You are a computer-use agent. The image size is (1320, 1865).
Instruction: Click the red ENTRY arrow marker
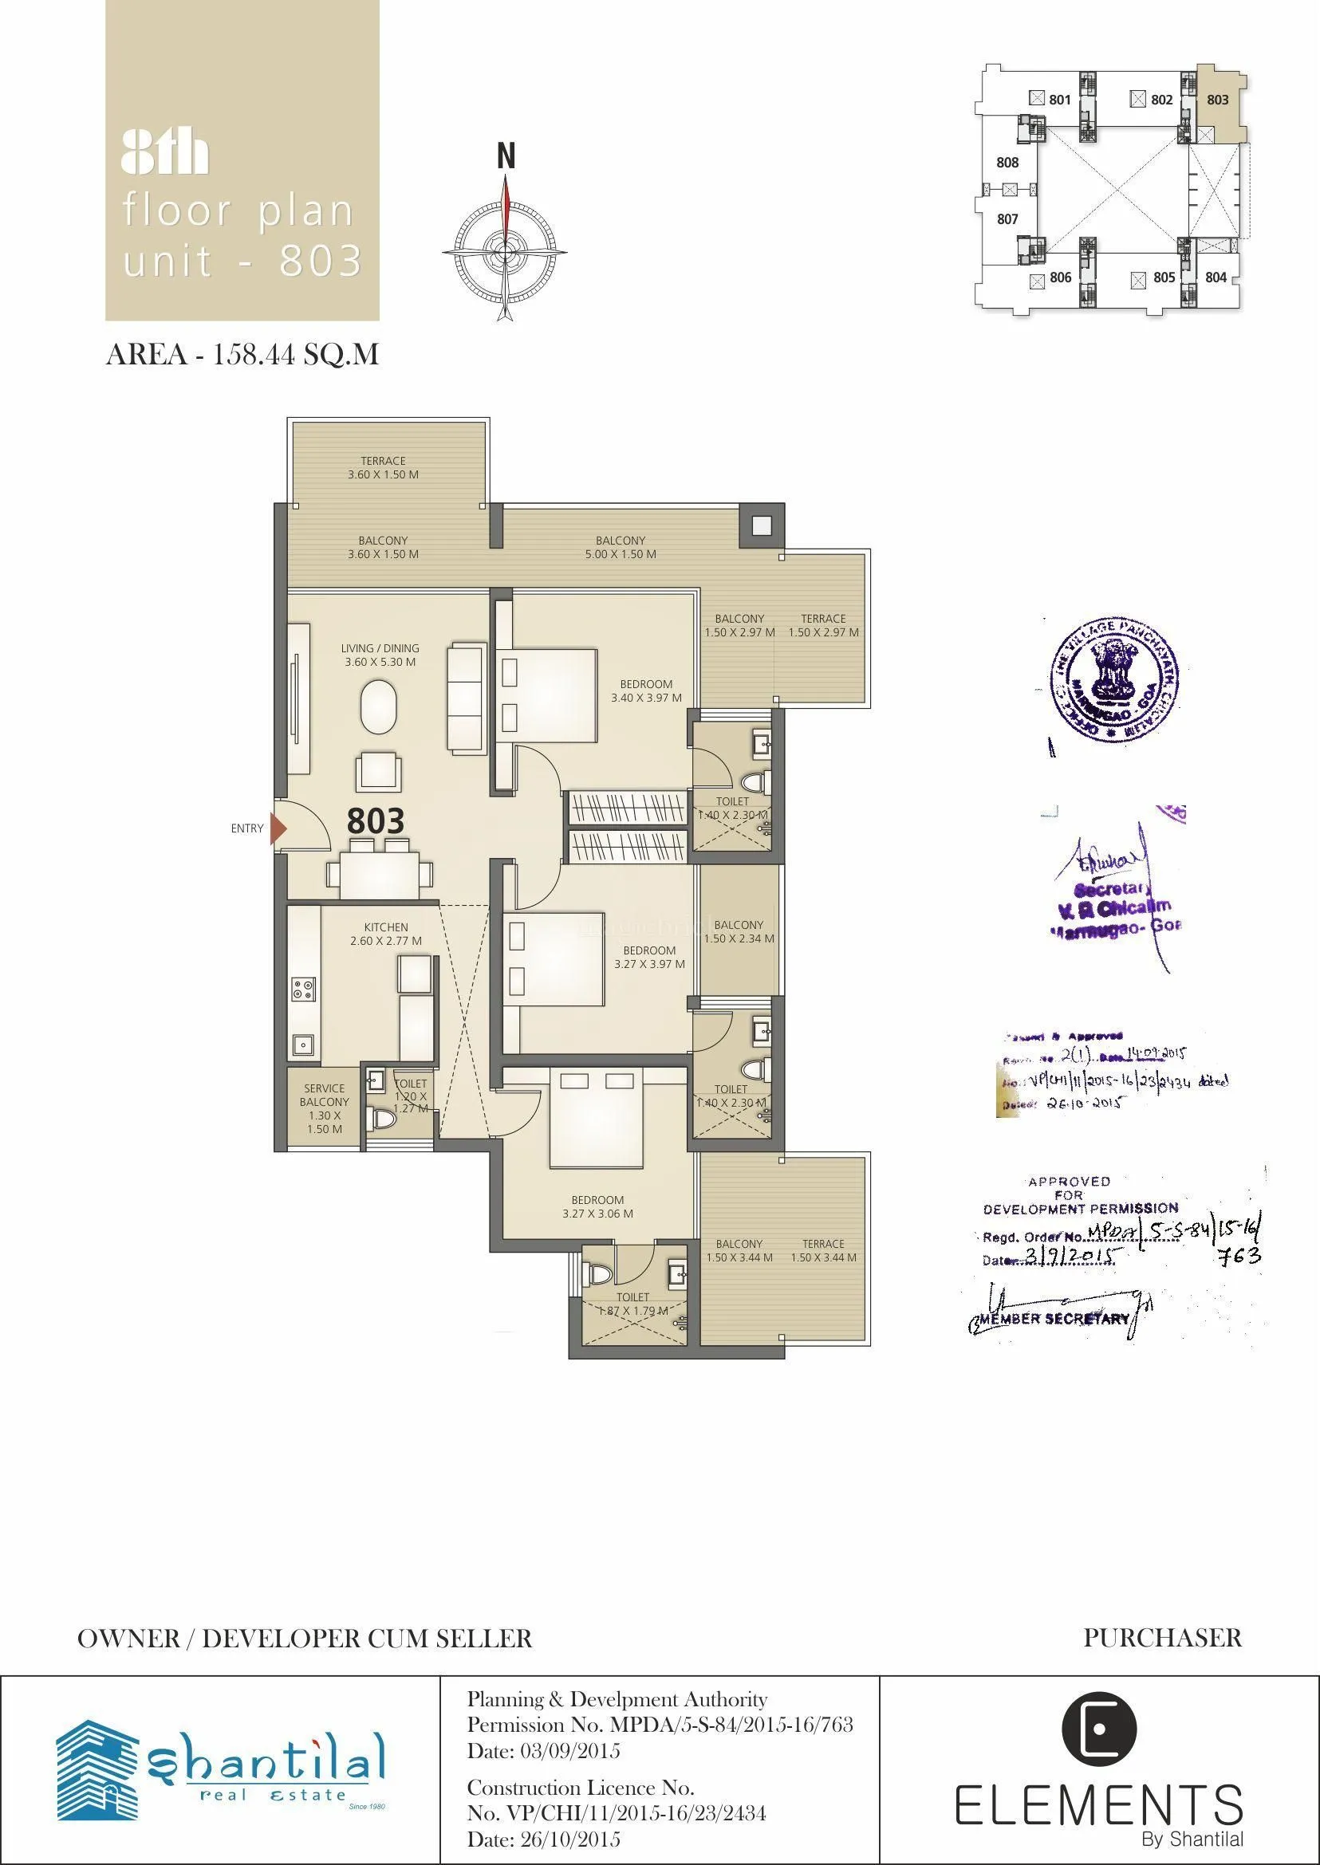pos(279,828)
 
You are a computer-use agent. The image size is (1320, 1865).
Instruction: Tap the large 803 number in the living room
pos(376,820)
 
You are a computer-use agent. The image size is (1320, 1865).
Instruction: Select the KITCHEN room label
pos(386,927)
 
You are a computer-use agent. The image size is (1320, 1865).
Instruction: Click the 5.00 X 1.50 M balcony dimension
pos(621,554)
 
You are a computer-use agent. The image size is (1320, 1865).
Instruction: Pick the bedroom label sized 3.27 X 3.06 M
pos(597,1206)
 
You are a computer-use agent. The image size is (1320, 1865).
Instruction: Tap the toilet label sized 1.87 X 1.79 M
pos(632,1304)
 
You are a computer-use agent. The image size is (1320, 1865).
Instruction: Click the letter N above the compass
pos(506,156)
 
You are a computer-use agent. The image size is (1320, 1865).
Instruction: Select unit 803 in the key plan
pos(1218,100)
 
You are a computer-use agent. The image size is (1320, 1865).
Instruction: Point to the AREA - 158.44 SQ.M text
pos(242,355)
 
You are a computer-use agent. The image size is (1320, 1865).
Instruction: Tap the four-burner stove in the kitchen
pos(304,990)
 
